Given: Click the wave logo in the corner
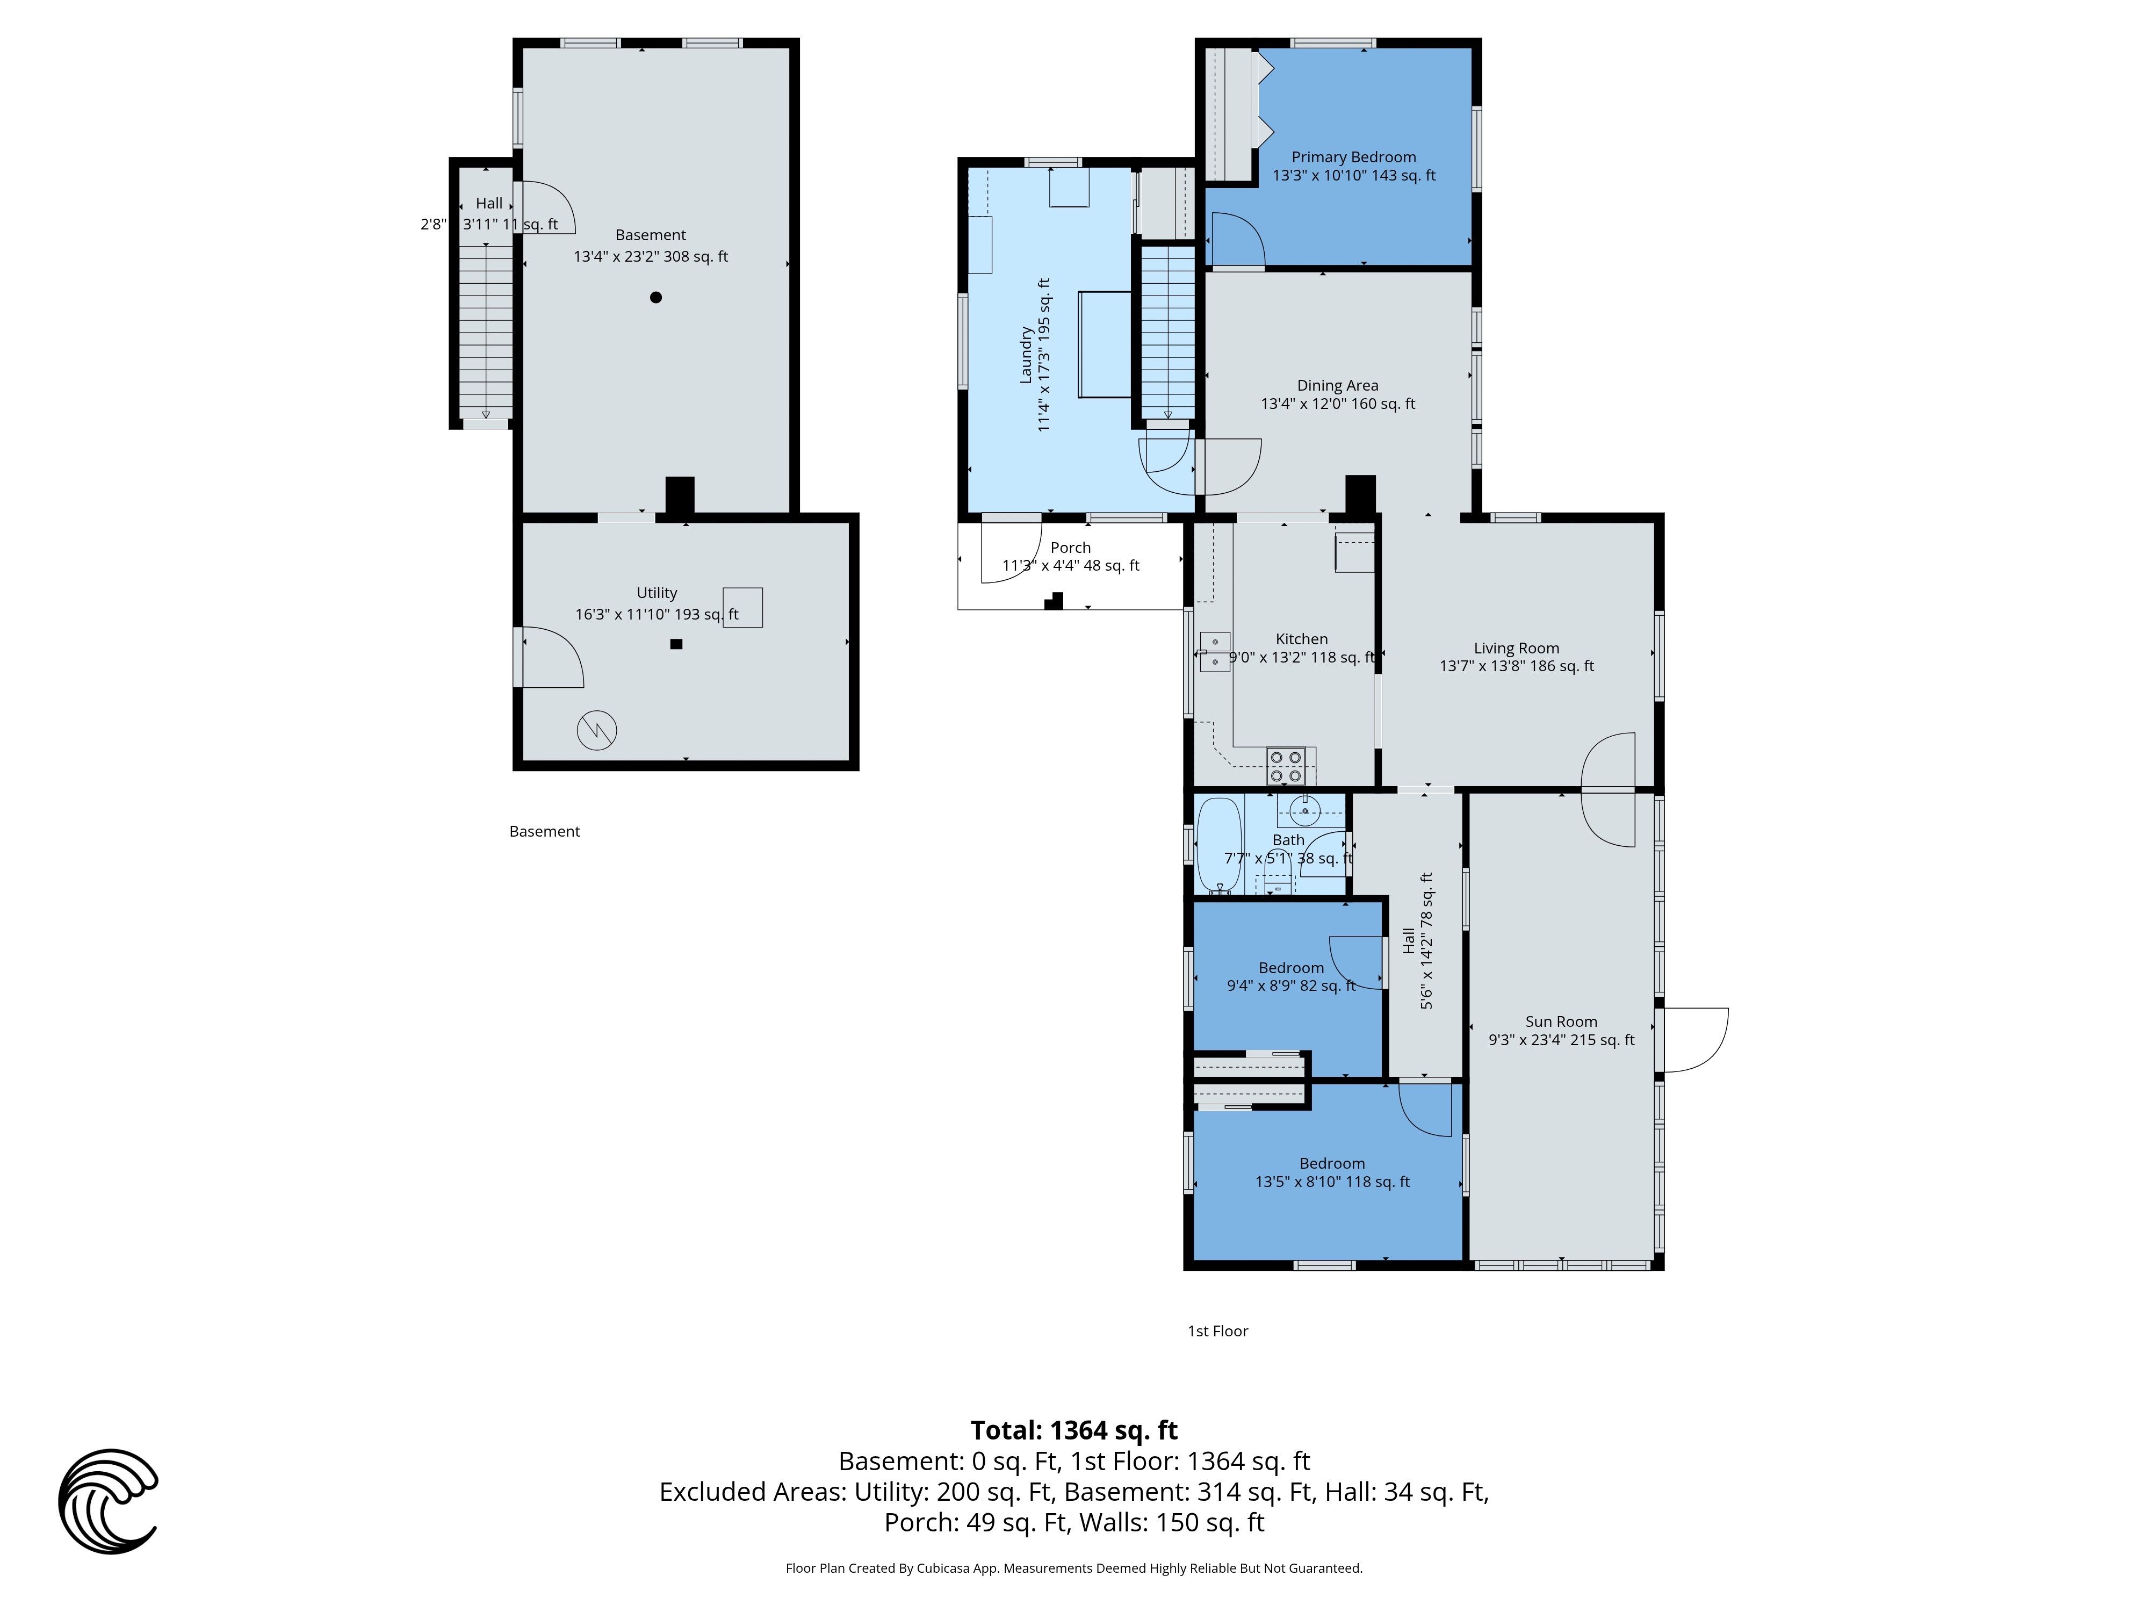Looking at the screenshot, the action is click(108, 1501).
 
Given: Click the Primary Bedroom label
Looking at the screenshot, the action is click(1353, 157).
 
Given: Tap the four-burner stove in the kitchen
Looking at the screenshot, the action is click(1285, 766).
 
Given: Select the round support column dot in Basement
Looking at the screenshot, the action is click(656, 297).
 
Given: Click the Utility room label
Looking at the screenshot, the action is click(657, 593).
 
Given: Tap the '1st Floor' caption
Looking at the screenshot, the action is click(1217, 1331).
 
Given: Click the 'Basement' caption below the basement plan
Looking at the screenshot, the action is click(544, 832).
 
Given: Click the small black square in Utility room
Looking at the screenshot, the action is click(676, 644).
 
